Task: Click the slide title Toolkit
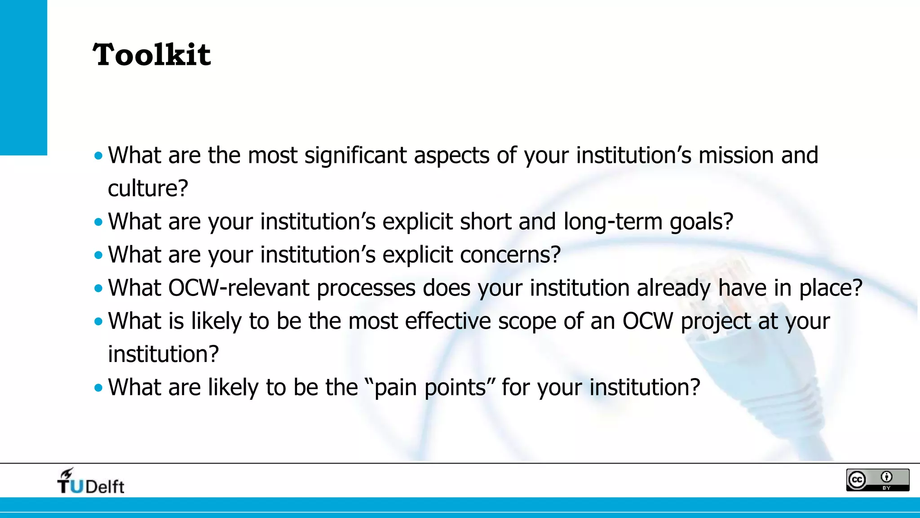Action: (151, 55)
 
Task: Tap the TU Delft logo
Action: (91, 482)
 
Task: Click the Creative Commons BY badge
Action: (877, 480)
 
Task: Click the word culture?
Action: (148, 188)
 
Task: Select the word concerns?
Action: (510, 255)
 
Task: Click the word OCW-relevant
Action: (239, 288)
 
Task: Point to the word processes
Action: (366, 289)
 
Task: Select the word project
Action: (716, 322)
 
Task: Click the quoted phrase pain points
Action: (430, 388)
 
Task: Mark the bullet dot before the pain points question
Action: (98, 388)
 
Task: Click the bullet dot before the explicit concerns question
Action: (98, 255)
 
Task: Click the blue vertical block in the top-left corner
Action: (23, 77)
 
